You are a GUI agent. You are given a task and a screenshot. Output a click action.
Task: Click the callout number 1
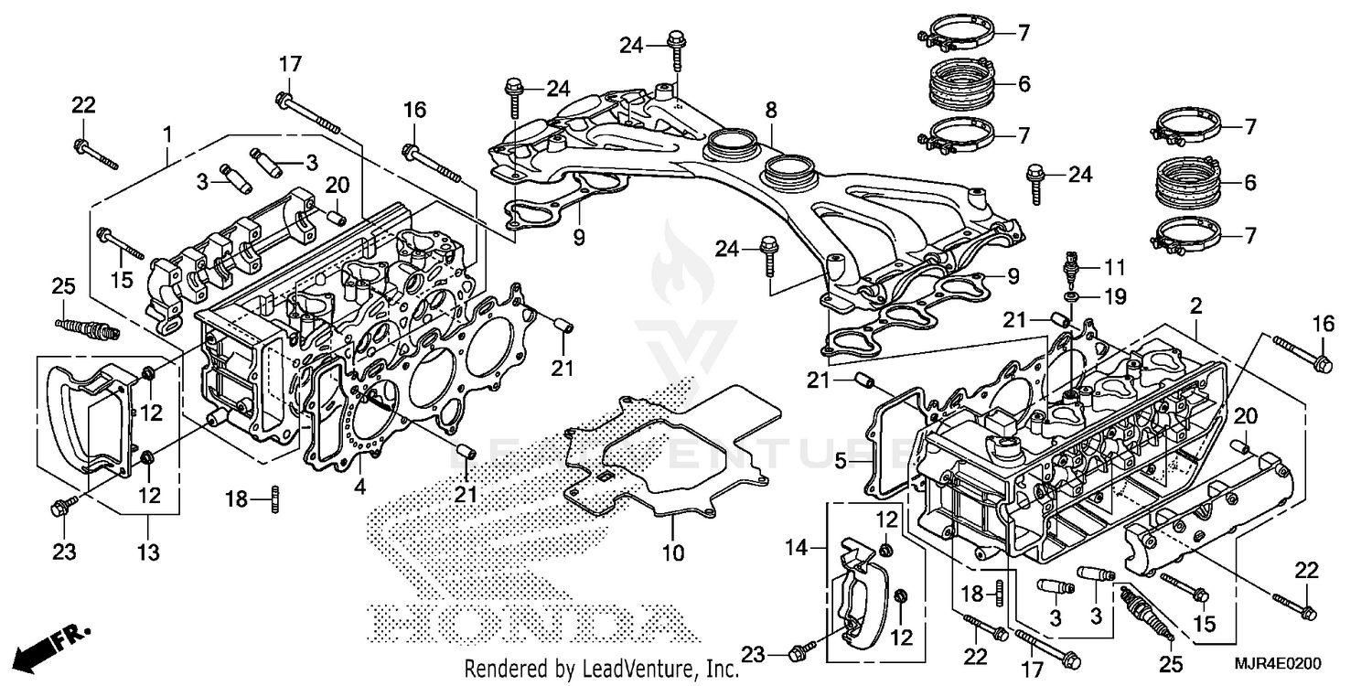coord(167,134)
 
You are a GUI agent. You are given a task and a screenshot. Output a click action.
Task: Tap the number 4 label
coord(360,488)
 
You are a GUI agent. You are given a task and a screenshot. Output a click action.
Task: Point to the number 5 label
coord(840,463)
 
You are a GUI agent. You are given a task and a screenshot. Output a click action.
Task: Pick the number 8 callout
coord(771,110)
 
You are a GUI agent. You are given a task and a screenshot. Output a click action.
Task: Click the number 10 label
coord(672,552)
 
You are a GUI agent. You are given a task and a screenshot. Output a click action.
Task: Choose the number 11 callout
coord(1113,268)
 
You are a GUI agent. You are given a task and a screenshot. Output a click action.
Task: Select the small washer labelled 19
coord(1071,298)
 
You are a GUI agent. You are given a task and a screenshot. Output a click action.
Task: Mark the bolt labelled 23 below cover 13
coord(62,504)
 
